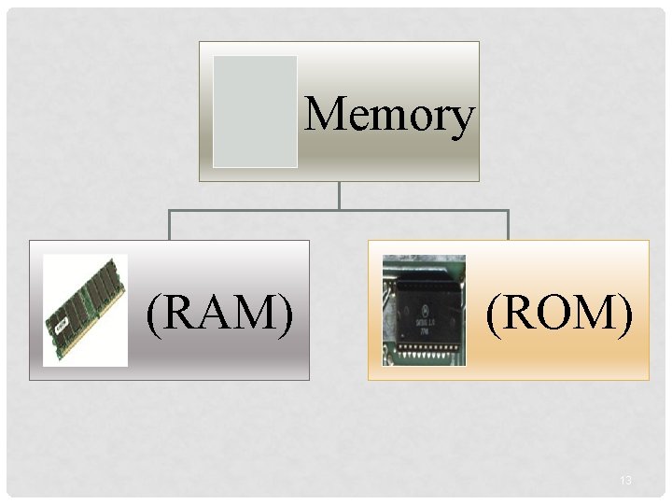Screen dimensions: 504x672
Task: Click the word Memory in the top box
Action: pos(389,116)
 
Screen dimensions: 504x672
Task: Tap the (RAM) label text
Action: pos(220,312)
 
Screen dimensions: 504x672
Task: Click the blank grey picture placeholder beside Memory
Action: pos(255,111)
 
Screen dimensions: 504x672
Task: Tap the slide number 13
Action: pos(625,481)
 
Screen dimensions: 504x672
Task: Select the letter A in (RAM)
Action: pos(218,312)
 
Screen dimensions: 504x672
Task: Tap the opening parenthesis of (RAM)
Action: pos(153,313)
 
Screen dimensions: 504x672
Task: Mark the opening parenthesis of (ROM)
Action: pos(492,313)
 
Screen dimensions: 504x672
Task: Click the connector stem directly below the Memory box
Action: pos(339,195)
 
